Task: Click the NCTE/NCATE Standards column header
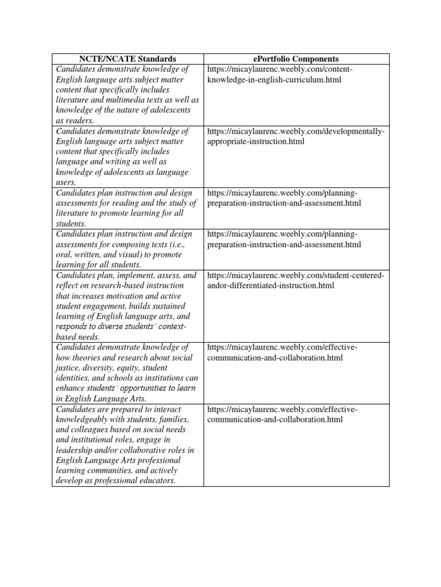[127, 58]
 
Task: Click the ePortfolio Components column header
[296, 58]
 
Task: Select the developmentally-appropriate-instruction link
[295, 136]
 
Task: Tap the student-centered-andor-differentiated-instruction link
[295, 280]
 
